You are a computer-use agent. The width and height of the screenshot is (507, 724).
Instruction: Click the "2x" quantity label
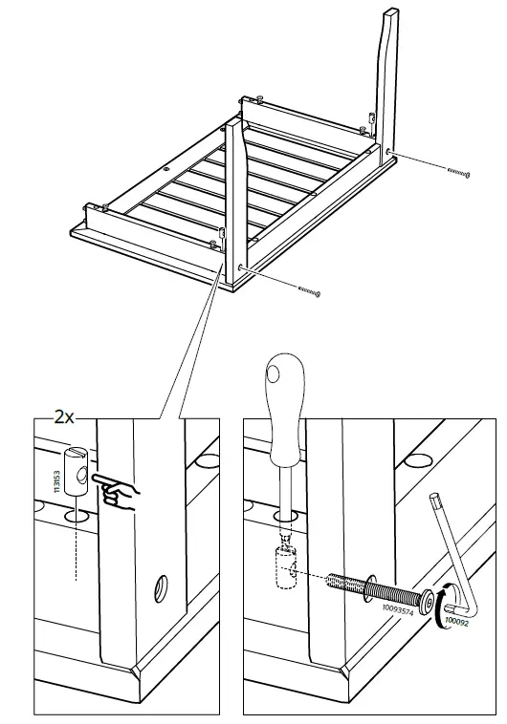64,418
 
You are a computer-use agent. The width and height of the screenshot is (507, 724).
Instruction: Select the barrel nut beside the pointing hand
76,467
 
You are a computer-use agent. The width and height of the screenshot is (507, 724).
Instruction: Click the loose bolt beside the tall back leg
457,171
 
